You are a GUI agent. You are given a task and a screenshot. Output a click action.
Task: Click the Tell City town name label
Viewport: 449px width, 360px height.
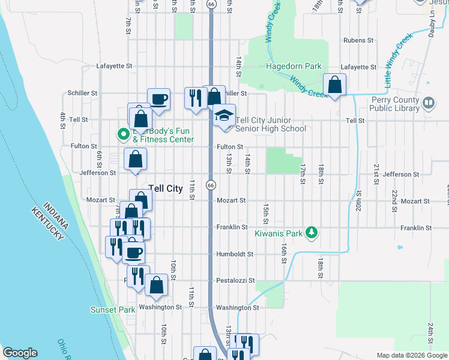pyautogui.click(x=165, y=188)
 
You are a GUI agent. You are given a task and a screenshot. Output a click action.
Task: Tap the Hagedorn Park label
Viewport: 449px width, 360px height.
pyautogui.click(x=294, y=67)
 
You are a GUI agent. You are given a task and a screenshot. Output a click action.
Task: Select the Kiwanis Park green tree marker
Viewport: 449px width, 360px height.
pyautogui.click(x=311, y=232)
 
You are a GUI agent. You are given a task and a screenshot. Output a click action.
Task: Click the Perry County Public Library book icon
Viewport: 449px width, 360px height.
pyautogui.click(x=429, y=103)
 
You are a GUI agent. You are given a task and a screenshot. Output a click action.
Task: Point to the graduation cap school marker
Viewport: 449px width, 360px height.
pyautogui.click(x=224, y=115)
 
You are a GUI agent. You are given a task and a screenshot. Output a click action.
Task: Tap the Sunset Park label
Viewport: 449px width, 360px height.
pyautogui.click(x=113, y=310)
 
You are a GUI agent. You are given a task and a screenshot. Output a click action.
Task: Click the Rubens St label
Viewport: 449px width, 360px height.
pyautogui.click(x=358, y=40)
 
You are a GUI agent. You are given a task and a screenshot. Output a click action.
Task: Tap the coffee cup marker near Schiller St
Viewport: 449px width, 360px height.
pyautogui.click(x=158, y=99)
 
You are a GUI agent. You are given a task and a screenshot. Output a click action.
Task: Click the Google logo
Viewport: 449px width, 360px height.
pyautogui.click(x=20, y=353)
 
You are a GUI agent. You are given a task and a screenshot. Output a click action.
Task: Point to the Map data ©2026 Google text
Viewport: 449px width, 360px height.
pyautogui.click(x=412, y=355)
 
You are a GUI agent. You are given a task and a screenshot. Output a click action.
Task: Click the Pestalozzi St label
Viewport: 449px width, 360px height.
pyautogui.click(x=235, y=280)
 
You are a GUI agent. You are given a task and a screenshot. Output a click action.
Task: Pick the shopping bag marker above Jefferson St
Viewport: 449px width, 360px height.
pyautogui.click(x=136, y=160)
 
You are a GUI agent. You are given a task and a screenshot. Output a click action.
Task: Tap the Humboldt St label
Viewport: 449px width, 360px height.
pyautogui.click(x=235, y=254)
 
